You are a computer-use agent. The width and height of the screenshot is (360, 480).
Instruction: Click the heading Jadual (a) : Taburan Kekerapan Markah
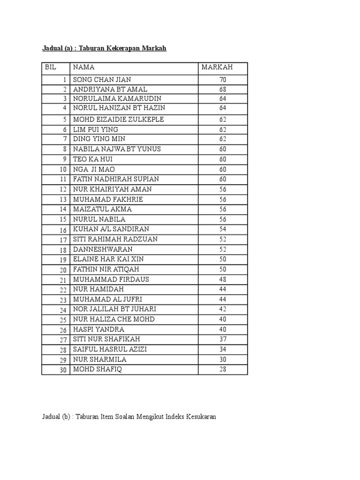click(104, 49)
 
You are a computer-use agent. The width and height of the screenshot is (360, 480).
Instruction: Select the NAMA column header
click(84, 67)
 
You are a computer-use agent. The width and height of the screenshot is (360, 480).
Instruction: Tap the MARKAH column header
click(217, 67)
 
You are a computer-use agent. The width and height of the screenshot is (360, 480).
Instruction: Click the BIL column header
click(50, 67)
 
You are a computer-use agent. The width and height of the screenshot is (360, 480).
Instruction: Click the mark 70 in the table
click(223, 80)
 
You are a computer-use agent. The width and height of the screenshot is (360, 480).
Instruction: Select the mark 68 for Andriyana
click(223, 89)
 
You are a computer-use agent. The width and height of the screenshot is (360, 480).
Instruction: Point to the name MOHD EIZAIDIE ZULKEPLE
click(118, 120)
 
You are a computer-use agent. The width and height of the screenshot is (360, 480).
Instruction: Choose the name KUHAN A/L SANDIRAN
click(111, 229)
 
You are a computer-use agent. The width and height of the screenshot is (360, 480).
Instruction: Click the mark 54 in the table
click(223, 229)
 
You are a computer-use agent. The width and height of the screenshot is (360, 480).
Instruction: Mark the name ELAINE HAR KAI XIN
click(108, 259)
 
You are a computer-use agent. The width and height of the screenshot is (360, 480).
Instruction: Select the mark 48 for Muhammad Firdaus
click(223, 279)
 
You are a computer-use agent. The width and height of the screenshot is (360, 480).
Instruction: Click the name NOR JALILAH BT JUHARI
click(114, 309)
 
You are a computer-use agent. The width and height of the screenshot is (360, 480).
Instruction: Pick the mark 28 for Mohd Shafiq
click(223, 369)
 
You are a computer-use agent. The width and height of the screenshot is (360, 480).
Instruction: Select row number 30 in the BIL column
click(63, 370)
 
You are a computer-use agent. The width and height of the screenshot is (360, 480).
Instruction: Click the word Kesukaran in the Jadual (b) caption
click(200, 417)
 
